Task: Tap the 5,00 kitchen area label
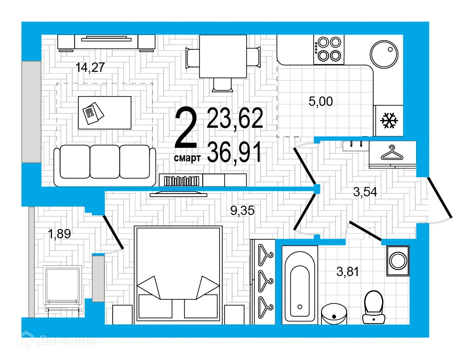tap(321, 101)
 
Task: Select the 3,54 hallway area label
tap(364, 192)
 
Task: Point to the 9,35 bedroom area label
tap(243, 211)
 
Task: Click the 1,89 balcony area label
tap(59, 234)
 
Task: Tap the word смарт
tap(187, 159)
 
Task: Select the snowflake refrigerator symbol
tap(389, 121)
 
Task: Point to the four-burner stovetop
tap(328, 49)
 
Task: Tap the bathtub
tap(300, 285)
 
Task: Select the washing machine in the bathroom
tap(397, 260)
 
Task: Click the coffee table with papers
tap(104, 112)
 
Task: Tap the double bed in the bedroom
tap(177, 275)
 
